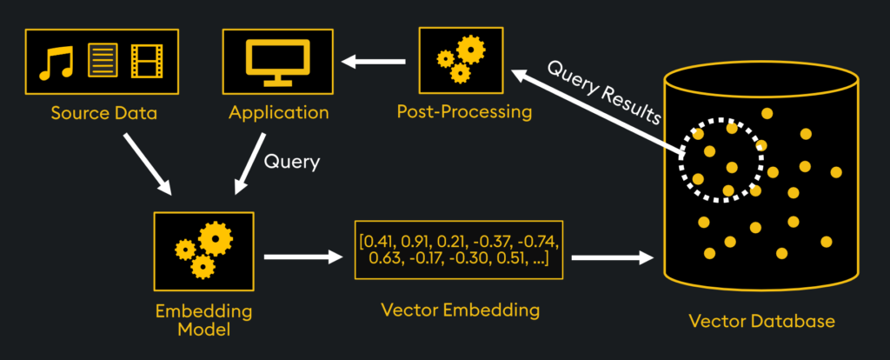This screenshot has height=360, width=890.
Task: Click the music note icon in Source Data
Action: click(56, 62)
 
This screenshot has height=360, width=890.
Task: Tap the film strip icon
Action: click(146, 61)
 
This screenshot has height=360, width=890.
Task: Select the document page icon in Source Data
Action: click(103, 60)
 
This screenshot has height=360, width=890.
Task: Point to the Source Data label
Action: click(104, 113)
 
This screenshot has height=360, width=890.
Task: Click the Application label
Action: click(279, 112)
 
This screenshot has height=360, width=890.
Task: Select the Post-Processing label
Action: click(464, 112)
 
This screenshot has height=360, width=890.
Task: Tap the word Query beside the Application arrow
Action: click(292, 163)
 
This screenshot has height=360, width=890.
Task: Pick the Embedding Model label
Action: click(203, 320)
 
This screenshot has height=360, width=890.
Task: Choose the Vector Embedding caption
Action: click(460, 310)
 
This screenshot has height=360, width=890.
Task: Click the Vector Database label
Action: click(761, 321)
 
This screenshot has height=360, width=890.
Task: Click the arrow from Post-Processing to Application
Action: click(374, 61)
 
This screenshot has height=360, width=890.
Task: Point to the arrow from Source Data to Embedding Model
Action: click(147, 164)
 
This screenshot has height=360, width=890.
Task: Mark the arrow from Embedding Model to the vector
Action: click(303, 257)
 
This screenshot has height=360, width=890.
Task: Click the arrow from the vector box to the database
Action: click(613, 257)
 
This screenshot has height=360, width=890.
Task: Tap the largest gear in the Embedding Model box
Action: click(216, 239)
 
